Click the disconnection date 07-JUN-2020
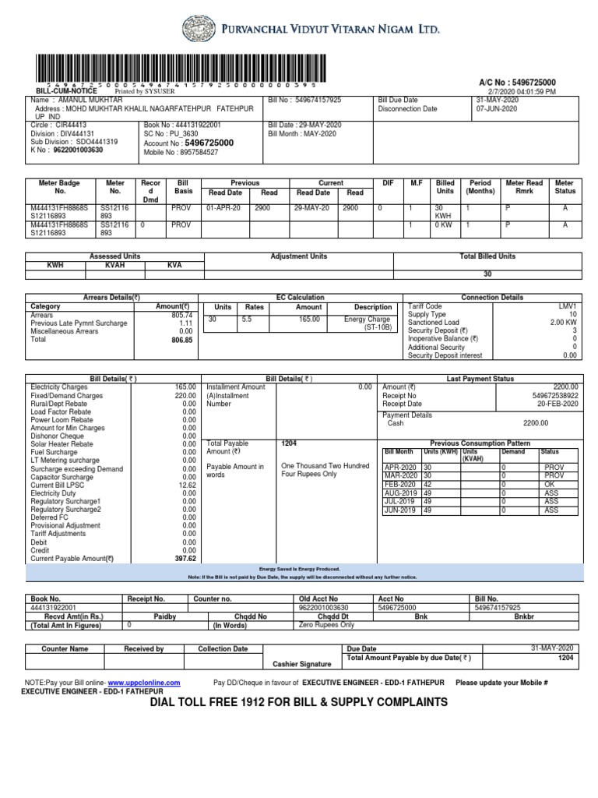click(498, 108)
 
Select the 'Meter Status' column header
click(565, 186)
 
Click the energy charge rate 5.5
click(248, 320)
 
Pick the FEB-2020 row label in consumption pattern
click(399, 484)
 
